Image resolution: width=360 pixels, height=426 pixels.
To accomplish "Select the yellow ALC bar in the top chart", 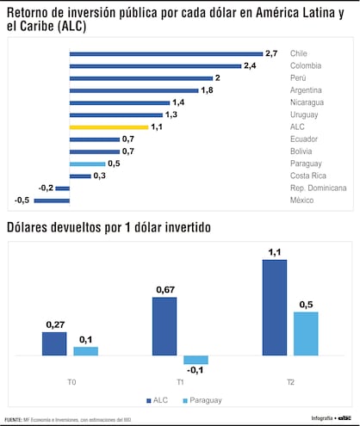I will tap(109, 127).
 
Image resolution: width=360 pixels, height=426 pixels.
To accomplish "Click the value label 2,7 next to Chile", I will tap(271, 53).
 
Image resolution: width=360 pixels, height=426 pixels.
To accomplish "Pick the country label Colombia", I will tap(306, 65).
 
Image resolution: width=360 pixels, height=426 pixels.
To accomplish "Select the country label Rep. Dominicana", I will tap(318, 188).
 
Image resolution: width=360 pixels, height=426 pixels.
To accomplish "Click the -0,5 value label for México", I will tap(22, 201).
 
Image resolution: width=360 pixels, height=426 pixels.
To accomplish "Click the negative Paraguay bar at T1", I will tap(196, 360).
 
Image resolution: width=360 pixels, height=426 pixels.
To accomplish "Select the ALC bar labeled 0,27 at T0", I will tap(53, 343).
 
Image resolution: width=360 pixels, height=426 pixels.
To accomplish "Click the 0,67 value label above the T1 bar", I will tap(164, 289).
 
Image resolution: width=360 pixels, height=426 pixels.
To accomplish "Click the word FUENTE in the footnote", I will tap(12, 419).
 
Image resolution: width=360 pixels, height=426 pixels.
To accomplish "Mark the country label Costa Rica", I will tap(307, 176).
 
